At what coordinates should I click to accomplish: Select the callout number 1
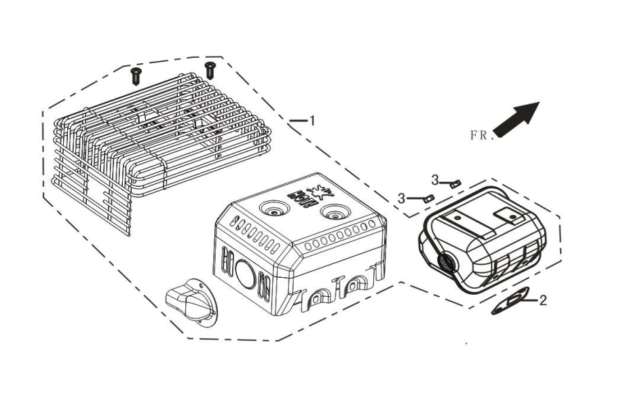pos(312,121)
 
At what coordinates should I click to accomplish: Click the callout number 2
pos(543,300)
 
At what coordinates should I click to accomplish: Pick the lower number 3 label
pos(402,198)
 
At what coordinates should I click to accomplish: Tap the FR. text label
pos(479,135)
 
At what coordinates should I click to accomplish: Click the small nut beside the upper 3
pos(455,183)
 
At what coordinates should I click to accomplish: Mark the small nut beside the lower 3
pos(426,199)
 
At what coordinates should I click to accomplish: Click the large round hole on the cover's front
pos(243,273)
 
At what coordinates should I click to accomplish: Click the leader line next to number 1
pos(297,121)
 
